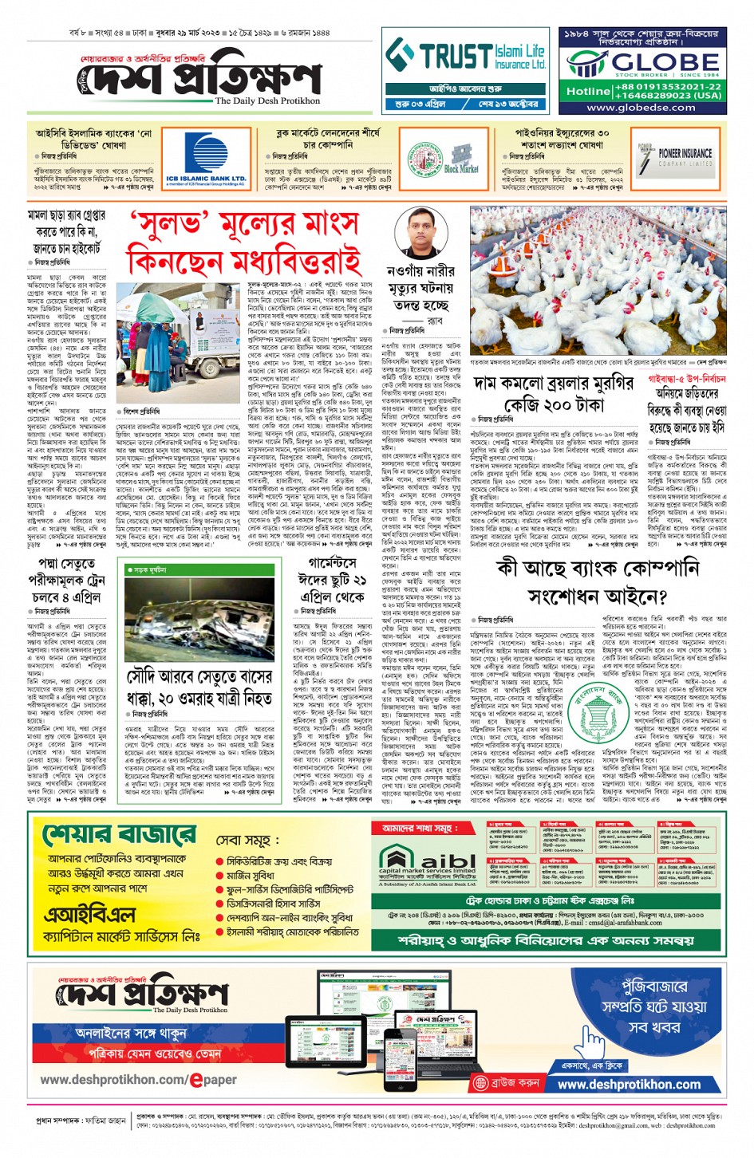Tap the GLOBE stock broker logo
tap(642, 62)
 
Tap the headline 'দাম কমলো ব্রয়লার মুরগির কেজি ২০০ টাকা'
tap(554, 394)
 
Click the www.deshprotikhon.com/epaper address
tap(138, 1080)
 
